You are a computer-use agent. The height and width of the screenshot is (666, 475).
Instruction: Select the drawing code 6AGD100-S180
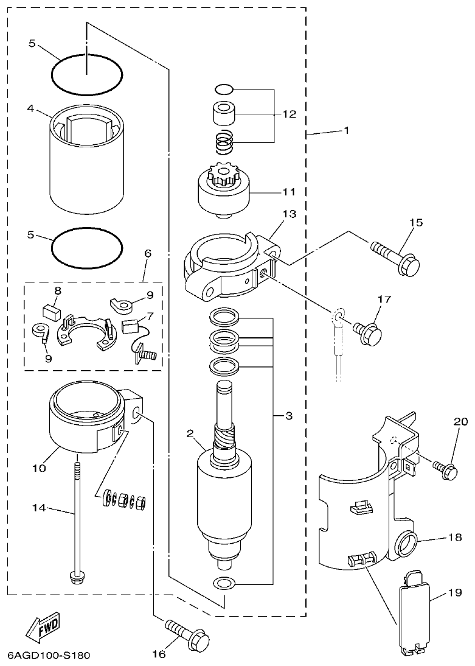pos(49,656)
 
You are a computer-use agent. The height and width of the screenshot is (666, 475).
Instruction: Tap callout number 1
pos(347,131)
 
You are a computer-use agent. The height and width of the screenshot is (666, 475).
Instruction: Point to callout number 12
pos(290,114)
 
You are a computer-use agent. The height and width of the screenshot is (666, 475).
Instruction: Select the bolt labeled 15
pos(396,259)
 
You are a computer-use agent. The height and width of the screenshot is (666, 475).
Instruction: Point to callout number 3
pos(290,416)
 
